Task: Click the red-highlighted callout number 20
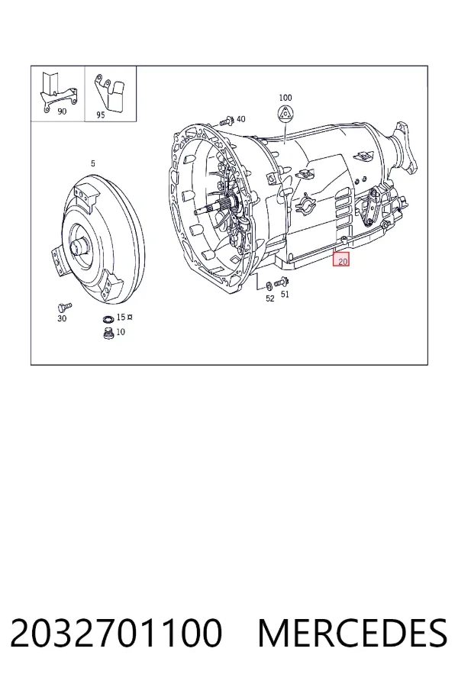click(x=342, y=261)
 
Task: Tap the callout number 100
click(x=285, y=98)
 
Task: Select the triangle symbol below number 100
click(x=285, y=114)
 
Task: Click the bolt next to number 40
click(x=227, y=120)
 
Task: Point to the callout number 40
click(x=240, y=119)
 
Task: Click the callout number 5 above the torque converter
click(x=93, y=163)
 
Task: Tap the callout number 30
click(x=62, y=318)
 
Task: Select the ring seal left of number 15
click(x=108, y=318)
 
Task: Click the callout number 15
click(x=121, y=317)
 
